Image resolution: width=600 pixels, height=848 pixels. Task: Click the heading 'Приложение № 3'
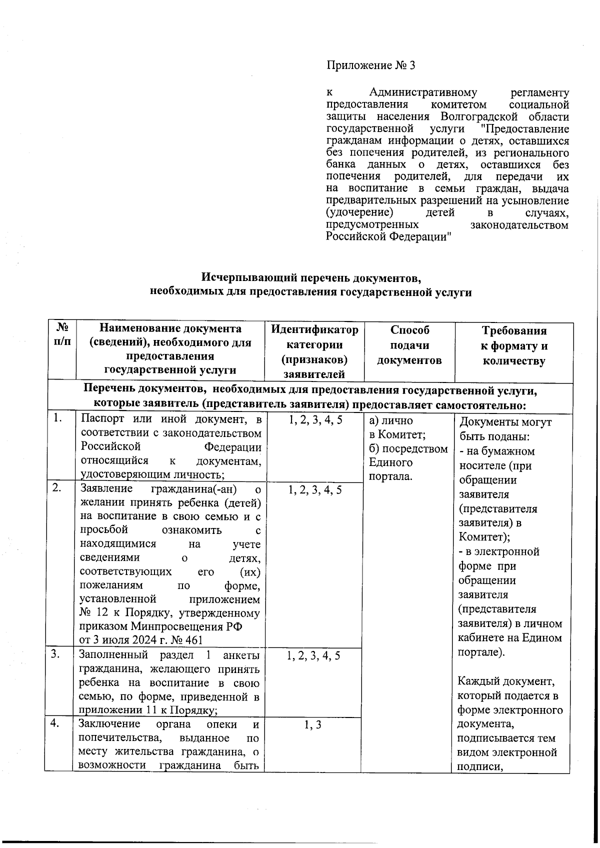(x=370, y=65)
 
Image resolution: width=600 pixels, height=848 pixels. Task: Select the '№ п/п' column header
(x=62, y=336)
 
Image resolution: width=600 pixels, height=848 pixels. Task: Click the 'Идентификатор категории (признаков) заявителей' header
(x=314, y=351)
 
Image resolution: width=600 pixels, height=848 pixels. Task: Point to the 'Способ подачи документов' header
(x=409, y=345)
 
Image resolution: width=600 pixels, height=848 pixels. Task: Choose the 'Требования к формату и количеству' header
(x=513, y=345)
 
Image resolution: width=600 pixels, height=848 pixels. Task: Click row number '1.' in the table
(x=58, y=418)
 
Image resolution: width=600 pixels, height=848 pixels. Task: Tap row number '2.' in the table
(x=57, y=487)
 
